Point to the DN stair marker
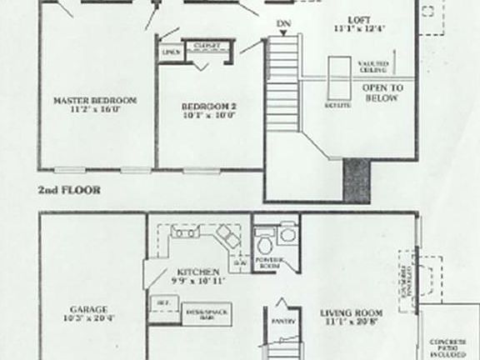284,22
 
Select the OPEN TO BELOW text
383,92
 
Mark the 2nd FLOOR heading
69,190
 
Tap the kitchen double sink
184,232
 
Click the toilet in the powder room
265,245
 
